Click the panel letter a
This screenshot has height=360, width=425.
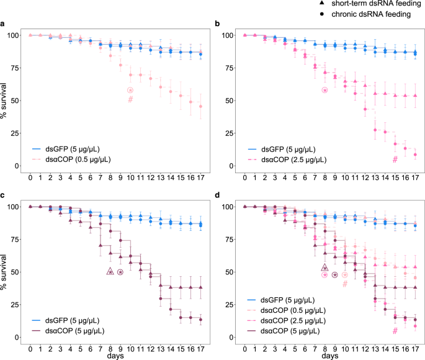tap(3, 25)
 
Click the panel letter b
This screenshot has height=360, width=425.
tap(217, 25)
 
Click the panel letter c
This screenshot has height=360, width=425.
tap(3, 197)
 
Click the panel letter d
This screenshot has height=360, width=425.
tap(217, 197)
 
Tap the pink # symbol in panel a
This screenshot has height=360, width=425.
tap(130, 99)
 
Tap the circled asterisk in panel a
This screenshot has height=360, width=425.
tap(130, 90)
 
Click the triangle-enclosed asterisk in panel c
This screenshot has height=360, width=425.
tap(110, 271)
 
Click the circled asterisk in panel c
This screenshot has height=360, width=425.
tap(120, 272)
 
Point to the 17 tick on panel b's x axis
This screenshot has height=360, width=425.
tap(414, 178)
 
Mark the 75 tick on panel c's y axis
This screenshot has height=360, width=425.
tap(17, 239)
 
